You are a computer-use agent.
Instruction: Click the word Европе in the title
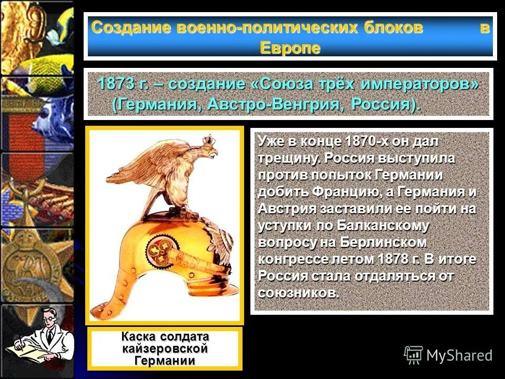click(290, 48)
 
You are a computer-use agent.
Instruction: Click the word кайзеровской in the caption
click(165, 349)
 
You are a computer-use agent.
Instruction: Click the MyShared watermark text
click(459, 355)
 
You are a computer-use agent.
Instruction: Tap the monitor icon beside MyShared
click(413, 355)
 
